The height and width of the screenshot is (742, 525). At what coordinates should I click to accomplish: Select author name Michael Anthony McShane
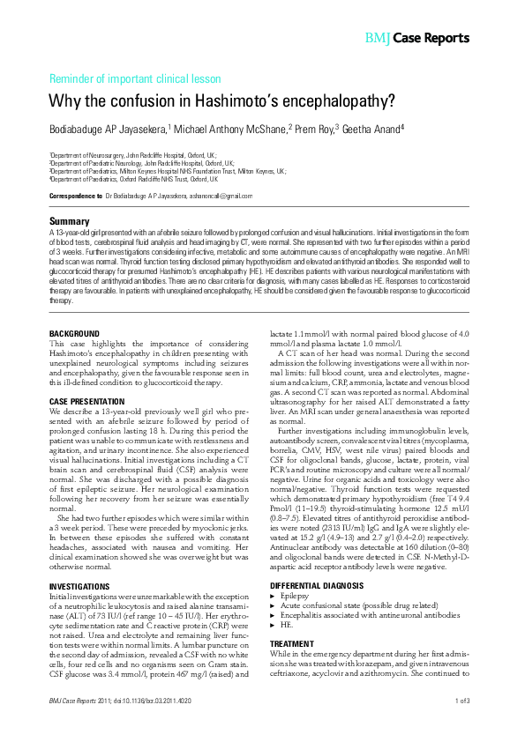point(232,129)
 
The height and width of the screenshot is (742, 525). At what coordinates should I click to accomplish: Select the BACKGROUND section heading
point(74,333)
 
